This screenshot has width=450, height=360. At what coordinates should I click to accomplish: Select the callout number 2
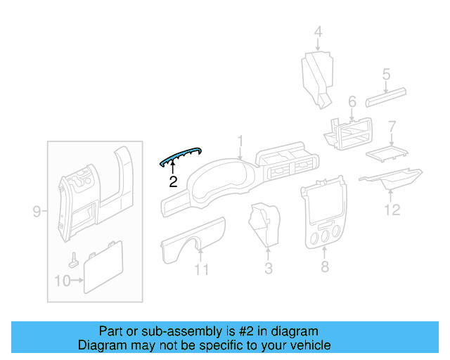[x=173, y=182]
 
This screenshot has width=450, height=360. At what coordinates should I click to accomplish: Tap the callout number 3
[x=268, y=268]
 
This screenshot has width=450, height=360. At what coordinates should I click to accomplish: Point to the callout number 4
[x=318, y=32]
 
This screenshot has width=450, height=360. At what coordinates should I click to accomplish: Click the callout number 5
[x=386, y=73]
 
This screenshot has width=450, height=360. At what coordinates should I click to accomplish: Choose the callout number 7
[x=392, y=127]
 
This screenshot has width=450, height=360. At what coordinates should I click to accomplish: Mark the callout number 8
[x=324, y=267]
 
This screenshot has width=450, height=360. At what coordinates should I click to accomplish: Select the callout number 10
[x=63, y=281]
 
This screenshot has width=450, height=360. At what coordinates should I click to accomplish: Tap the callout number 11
[x=202, y=269]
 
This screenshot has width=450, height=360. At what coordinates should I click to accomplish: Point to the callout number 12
[x=392, y=209]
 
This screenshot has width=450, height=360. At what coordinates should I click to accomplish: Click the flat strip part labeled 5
[x=386, y=94]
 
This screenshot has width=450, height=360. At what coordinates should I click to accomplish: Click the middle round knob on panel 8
[x=323, y=239]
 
